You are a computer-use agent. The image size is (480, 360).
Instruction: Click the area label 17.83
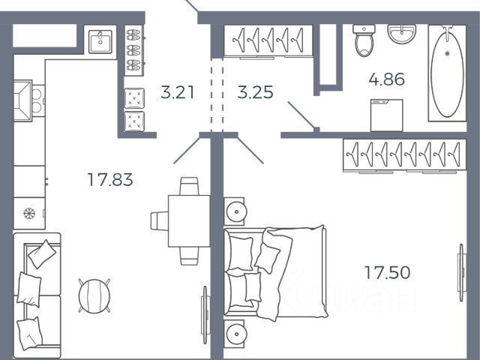(109, 180)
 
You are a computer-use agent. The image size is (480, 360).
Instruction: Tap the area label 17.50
(387, 273)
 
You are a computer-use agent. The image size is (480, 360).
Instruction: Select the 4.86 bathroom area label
(387, 79)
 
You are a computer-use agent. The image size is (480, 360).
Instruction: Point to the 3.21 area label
(178, 93)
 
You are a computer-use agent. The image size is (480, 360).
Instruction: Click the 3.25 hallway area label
(255, 93)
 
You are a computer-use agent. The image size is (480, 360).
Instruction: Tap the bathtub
(446, 72)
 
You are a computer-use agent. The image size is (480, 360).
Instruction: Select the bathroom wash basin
(403, 34)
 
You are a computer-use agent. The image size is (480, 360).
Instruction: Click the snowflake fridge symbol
(30, 213)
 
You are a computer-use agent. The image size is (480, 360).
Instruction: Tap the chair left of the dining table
(159, 220)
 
